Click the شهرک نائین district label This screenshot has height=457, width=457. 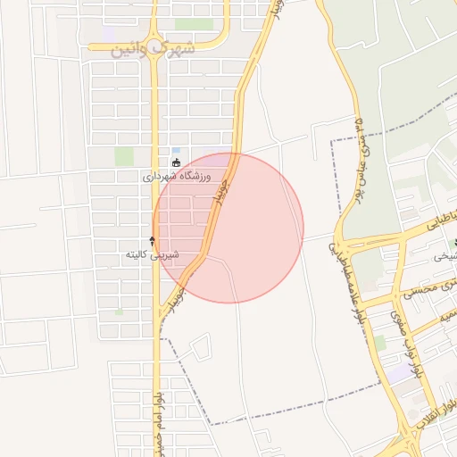click(153, 48)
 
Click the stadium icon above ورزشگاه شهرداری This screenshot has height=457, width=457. click(177, 162)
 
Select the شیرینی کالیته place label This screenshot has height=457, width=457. click(153, 254)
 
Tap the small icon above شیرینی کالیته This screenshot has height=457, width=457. click(152, 240)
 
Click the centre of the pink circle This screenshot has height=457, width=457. click(228, 228)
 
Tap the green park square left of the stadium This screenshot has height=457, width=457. click(124, 157)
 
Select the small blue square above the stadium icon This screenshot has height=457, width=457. click(177, 150)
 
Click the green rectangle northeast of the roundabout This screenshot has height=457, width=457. click(194, 24)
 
